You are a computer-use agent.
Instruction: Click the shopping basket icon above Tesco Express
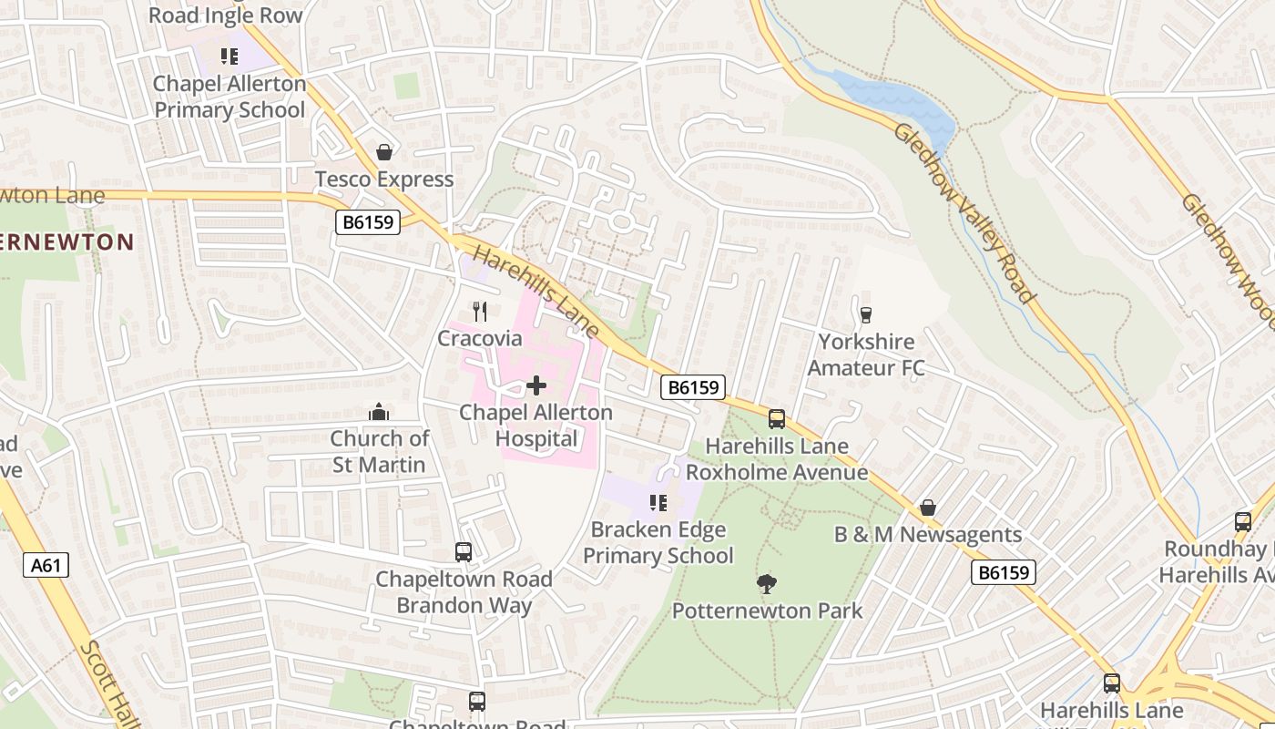[x=384, y=151]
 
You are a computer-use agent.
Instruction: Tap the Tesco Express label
[x=384, y=180]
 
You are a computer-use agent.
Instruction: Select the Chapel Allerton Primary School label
[x=229, y=97]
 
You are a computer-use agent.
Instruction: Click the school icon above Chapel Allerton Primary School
[x=229, y=56]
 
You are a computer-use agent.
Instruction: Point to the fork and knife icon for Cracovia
[x=480, y=312]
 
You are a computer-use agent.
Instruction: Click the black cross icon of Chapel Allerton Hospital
[x=536, y=385]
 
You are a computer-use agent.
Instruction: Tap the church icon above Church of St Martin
[x=379, y=413]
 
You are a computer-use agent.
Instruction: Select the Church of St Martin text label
[x=378, y=452]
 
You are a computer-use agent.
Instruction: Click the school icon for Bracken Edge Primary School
[x=658, y=502]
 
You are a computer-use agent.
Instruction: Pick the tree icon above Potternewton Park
[x=767, y=583]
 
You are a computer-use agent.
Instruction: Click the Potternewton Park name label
[x=767, y=611]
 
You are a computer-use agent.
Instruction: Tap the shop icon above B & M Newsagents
[x=928, y=508]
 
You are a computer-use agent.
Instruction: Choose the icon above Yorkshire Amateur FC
[x=865, y=314]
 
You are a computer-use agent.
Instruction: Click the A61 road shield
[x=46, y=566]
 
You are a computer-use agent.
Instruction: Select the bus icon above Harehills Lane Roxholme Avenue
[x=777, y=419]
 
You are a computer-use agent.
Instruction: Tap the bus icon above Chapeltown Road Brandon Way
[x=464, y=552]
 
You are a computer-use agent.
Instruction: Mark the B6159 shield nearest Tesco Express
[x=368, y=222]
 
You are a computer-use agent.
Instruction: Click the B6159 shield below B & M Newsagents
[x=1004, y=572]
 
